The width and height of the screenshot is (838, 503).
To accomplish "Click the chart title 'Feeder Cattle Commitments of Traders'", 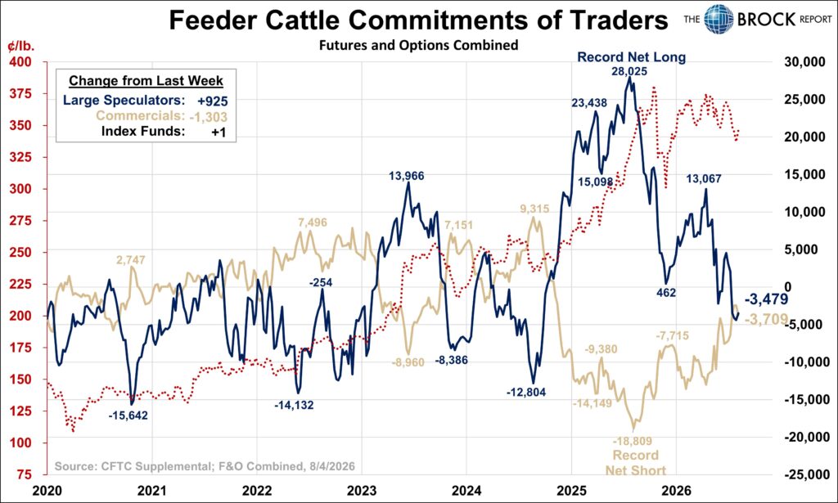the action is (x=418, y=20).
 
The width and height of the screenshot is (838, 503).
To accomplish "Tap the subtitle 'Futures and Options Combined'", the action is (x=418, y=45).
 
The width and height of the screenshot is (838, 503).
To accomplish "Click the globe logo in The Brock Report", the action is (x=719, y=20).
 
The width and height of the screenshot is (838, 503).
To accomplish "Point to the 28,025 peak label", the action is (x=629, y=71).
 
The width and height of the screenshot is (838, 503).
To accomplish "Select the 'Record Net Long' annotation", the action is (x=631, y=56).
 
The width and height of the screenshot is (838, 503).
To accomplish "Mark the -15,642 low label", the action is (x=128, y=415).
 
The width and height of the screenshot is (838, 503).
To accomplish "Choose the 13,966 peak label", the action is (x=406, y=175).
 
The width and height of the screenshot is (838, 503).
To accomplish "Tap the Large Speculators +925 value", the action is (x=212, y=101).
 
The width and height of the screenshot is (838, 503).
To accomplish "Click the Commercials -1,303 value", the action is (x=208, y=117).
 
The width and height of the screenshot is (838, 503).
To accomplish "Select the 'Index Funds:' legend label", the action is (x=143, y=132).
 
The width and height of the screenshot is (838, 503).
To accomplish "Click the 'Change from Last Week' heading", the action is (x=146, y=81).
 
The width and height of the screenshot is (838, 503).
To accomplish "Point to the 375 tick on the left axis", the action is (x=20, y=94).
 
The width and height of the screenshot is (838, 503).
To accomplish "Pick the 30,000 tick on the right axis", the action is (x=804, y=62).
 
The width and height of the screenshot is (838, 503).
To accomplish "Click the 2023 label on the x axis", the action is (x=362, y=490).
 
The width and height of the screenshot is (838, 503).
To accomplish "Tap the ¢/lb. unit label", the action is (x=20, y=46).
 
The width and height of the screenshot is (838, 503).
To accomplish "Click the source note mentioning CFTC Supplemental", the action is (x=205, y=466).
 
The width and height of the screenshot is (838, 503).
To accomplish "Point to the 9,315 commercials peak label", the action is (x=534, y=209).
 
